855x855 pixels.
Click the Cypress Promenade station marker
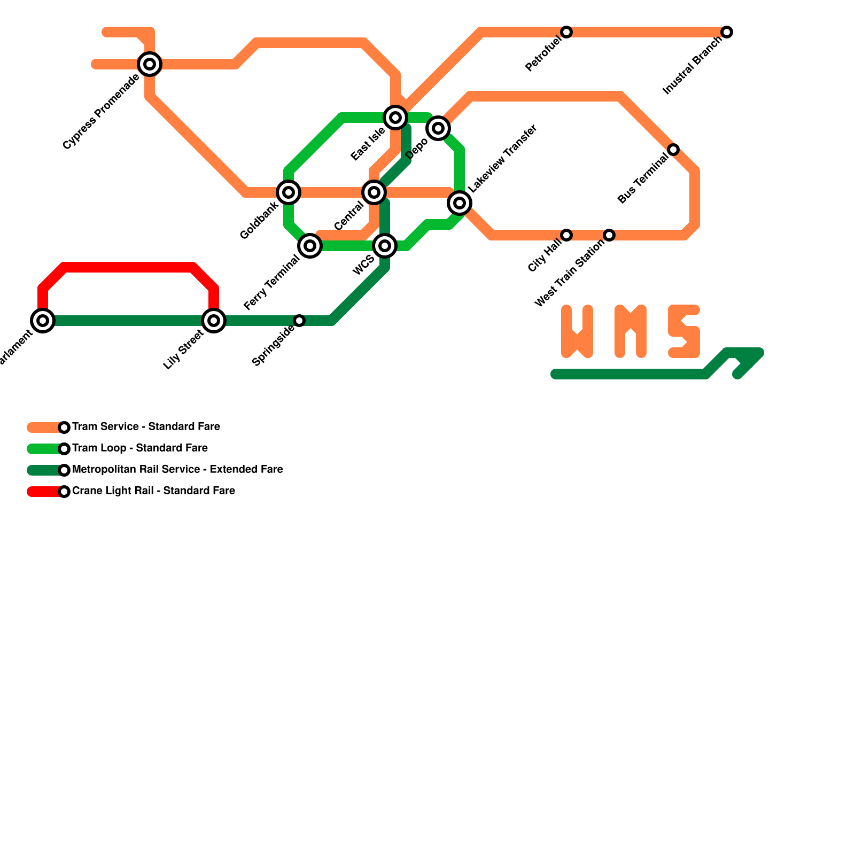(x=150, y=64)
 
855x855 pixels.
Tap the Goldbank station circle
(x=289, y=192)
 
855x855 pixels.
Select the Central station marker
(x=374, y=192)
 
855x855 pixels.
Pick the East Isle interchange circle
(x=395, y=118)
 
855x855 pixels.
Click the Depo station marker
(x=438, y=128)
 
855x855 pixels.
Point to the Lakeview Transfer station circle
(x=460, y=203)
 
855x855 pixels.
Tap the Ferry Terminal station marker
(x=310, y=246)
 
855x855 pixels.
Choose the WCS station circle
(x=385, y=246)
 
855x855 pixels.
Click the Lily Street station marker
(x=214, y=321)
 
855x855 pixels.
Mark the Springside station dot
(x=299, y=321)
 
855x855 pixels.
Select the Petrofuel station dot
(x=566, y=32)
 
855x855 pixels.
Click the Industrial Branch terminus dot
(x=727, y=32)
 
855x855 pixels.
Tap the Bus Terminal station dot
(x=673, y=150)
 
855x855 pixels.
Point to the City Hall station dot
(x=566, y=235)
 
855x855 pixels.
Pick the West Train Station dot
(x=609, y=235)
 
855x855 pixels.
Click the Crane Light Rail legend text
(x=153, y=491)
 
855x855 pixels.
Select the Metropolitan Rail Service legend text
(x=177, y=469)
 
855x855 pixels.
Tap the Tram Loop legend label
(x=139, y=448)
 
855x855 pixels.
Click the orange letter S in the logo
(x=684, y=331)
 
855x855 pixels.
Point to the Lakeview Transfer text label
(x=502, y=159)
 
